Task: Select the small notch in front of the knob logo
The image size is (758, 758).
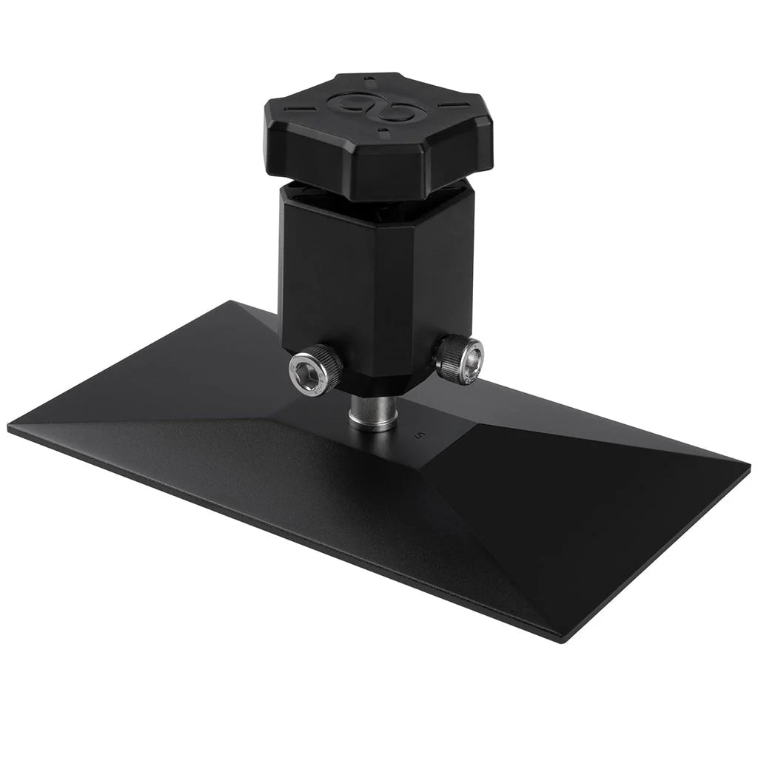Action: click(x=383, y=134)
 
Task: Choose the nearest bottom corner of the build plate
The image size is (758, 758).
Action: click(x=560, y=639)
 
